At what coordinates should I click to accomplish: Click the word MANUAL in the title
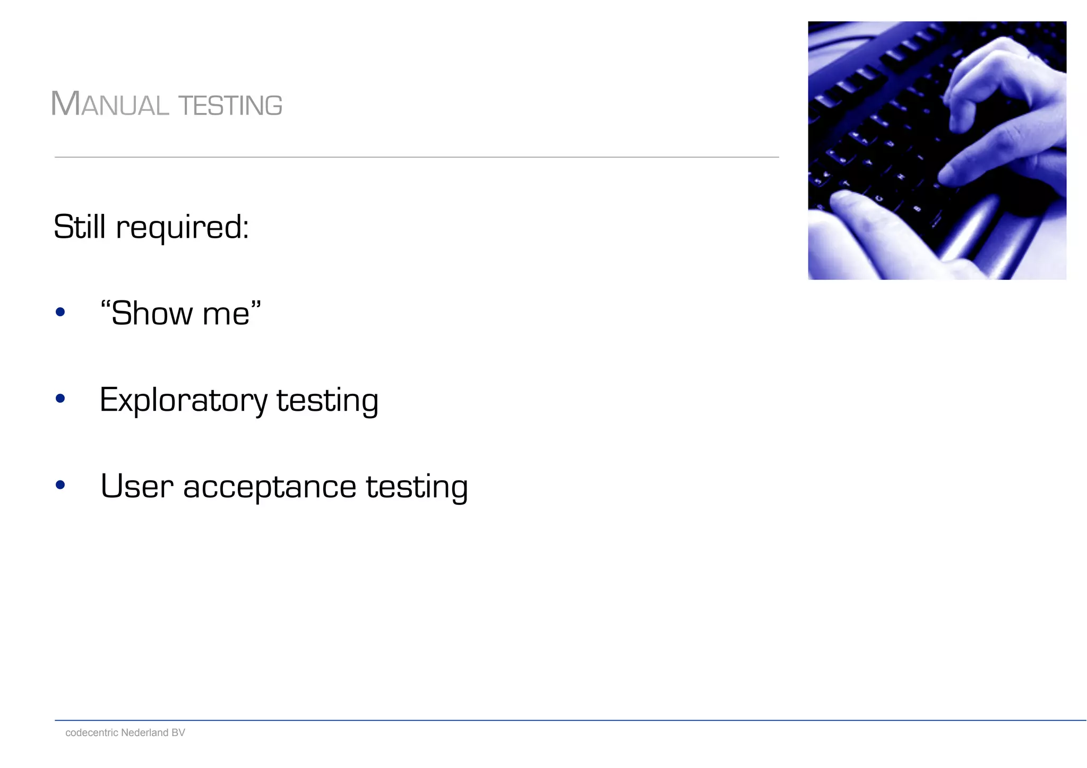110,104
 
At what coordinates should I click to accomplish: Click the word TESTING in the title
230,106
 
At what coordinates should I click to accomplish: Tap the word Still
80,227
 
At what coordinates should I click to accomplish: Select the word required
182,228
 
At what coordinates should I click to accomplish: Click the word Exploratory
184,401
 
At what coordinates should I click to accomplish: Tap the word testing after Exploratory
327,401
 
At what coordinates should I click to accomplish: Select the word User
137,486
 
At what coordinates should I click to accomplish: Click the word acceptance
270,487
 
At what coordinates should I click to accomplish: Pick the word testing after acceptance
417,487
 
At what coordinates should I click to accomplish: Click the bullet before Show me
60,313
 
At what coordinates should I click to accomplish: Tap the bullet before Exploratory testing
60,399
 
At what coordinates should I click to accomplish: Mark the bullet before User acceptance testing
60,485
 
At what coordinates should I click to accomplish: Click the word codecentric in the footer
92,732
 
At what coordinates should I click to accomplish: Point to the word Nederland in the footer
144,732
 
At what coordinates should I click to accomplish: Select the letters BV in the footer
178,732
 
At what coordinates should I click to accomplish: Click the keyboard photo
937,150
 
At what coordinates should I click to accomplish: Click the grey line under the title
417,157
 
